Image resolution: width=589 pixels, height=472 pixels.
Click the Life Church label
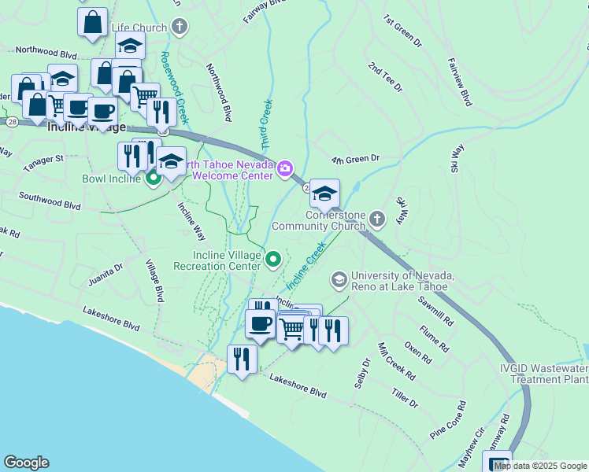(139, 28)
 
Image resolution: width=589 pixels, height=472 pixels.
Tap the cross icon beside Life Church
(180, 28)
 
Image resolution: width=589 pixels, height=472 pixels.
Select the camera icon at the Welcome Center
(284, 167)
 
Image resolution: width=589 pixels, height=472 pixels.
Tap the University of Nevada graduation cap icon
(339, 280)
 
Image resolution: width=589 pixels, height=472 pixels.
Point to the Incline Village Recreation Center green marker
(273, 258)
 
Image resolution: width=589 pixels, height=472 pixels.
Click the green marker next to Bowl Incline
(153, 179)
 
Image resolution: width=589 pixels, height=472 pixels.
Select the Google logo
(26, 463)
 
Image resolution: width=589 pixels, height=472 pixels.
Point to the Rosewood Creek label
(172, 87)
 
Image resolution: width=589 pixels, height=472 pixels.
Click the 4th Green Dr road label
(355, 158)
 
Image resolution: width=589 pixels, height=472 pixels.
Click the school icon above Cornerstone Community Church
(324, 194)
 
